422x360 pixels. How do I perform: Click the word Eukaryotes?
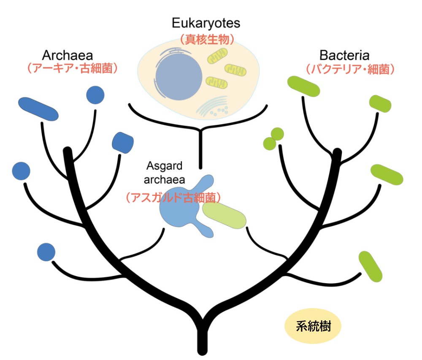point(206,23)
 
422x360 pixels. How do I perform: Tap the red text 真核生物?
point(206,39)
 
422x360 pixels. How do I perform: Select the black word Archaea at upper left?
point(68,55)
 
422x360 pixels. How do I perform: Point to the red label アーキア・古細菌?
point(71,69)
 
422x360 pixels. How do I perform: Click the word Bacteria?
point(344,55)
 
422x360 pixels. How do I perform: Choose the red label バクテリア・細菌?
point(350,69)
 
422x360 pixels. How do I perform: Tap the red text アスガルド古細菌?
point(173,197)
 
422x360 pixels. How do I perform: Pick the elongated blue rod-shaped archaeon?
point(38,108)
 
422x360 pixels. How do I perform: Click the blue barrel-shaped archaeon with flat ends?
point(123,143)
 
